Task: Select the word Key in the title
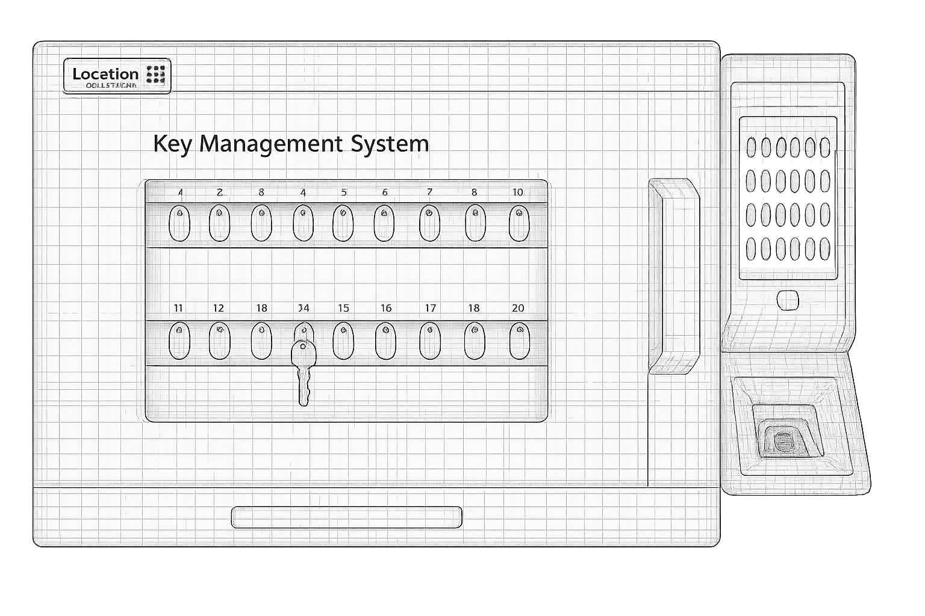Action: [x=172, y=144]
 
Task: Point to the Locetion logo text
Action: [x=105, y=74]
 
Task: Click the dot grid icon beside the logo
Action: [x=156, y=73]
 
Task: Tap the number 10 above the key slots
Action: [x=517, y=192]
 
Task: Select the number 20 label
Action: [x=518, y=308]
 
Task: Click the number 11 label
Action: [x=178, y=308]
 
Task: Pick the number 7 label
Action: [x=429, y=192]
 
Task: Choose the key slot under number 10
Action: [x=519, y=223]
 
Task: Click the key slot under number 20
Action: [x=519, y=340]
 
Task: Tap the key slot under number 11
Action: [x=179, y=340]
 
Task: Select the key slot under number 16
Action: [x=385, y=340]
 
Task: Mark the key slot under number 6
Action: [x=384, y=223]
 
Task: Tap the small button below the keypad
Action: [x=788, y=300]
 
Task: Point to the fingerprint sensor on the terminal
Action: [x=785, y=440]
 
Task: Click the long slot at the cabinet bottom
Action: [x=346, y=517]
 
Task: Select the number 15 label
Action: [x=343, y=308]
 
